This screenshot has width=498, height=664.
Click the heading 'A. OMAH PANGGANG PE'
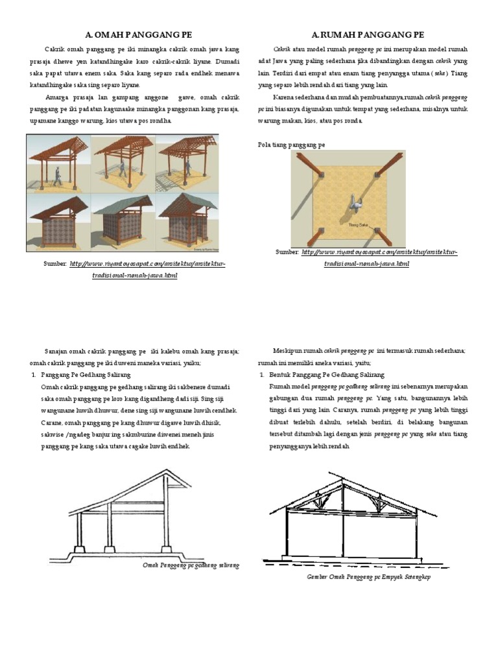pos(139,34)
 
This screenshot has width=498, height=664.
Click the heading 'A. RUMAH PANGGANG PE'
pos(368,34)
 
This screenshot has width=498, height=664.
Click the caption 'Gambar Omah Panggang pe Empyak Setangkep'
pos(369,576)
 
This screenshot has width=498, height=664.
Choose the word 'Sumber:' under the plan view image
pos(287,252)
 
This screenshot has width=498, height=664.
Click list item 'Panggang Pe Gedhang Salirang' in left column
pos(86,375)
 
